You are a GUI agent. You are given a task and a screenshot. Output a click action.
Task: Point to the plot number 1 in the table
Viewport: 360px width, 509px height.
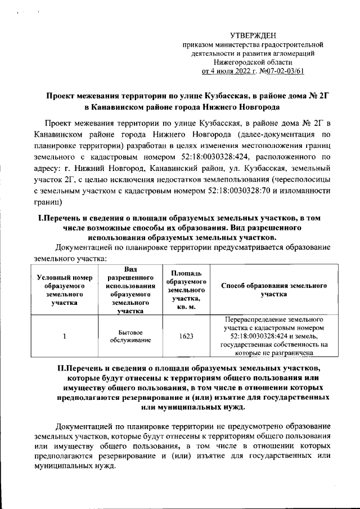click(64, 336)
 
